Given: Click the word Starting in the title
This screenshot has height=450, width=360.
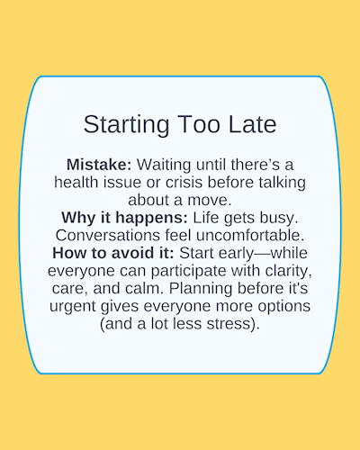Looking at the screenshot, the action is (126, 125).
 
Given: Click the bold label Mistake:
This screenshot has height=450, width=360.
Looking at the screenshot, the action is (99, 165).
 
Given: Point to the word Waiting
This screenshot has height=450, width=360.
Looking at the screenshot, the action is (164, 166).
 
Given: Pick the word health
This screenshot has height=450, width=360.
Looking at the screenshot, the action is (76, 183).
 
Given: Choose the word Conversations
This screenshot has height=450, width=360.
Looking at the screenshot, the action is (108, 236).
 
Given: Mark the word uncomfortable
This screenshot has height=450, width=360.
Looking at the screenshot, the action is (250, 236).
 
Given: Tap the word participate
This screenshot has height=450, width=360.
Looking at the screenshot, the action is (188, 272).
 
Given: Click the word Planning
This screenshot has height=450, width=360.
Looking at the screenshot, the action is (201, 289).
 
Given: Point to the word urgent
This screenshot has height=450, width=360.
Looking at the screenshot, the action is (73, 307).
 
